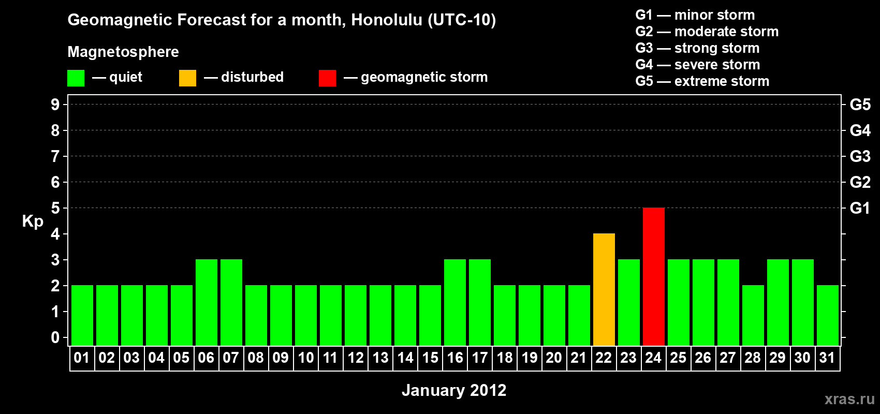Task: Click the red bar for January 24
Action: [x=654, y=276]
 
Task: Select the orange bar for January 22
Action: [x=604, y=289]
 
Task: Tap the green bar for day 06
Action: [x=206, y=302]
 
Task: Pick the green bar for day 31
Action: [x=828, y=315]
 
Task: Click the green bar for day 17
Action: [x=480, y=302]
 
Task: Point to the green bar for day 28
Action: [x=753, y=315]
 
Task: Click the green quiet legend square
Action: [x=76, y=78]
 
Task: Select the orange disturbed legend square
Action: [x=187, y=78]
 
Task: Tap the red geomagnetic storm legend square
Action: [x=327, y=78]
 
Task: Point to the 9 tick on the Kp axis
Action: [x=55, y=105]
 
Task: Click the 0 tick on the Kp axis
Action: [x=55, y=337]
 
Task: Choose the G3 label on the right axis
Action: [x=860, y=156]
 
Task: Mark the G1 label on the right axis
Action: [x=860, y=208]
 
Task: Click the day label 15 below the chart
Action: [x=430, y=358]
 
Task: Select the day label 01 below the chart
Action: [x=82, y=358]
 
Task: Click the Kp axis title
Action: [x=33, y=221]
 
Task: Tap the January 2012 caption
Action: [x=454, y=390]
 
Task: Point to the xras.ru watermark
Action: [x=849, y=399]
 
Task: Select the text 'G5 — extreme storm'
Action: [x=702, y=81]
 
